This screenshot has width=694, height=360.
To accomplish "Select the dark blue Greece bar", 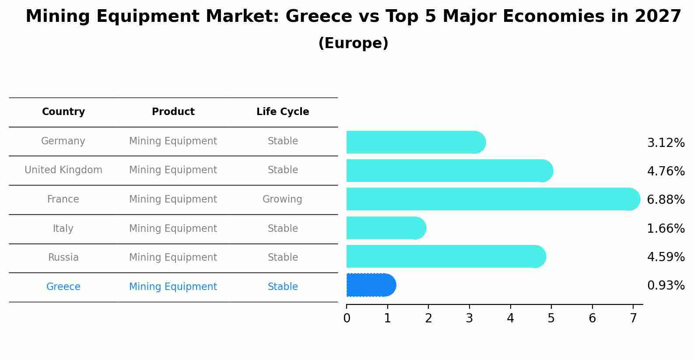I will pyautogui.click(x=371, y=285).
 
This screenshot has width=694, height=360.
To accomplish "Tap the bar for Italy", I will pyautogui.click(x=386, y=228).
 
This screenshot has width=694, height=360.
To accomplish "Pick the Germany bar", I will pyautogui.click(x=415, y=142).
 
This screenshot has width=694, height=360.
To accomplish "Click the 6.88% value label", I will pyautogui.click(x=666, y=199).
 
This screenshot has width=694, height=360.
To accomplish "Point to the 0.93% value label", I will pyautogui.click(x=666, y=286).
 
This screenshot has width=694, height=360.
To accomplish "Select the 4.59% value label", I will pyautogui.click(x=666, y=257).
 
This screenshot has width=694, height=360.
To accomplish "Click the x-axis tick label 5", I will pyautogui.click(x=551, y=318).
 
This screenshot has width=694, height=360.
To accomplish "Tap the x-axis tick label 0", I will pyautogui.click(x=347, y=318).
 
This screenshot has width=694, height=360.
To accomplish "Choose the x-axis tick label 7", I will pyautogui.click(x=633, y=318).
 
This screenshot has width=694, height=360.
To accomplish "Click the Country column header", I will pyautogui.click(x=63, y=112).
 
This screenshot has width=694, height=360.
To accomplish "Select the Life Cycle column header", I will pyautogui.click(x=283, y=112).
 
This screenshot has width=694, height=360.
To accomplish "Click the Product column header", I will pyautogui.click(x=173, y=112).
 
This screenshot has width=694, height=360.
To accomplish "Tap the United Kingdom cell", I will pyautogui.click(x=63, y=170).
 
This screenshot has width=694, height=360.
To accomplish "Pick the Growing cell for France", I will pyautogui.click(x=282, y=199).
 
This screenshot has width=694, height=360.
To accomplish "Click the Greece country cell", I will pyautogui.click(x=63, y=287).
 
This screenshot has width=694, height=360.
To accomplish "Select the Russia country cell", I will pyautogui.click(x=63, y=257).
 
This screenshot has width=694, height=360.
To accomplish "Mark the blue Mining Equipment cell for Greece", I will pyautogui.click(x=173, y=287).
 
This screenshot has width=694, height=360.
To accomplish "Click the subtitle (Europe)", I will pyautogui.click(x=353, y=43).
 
